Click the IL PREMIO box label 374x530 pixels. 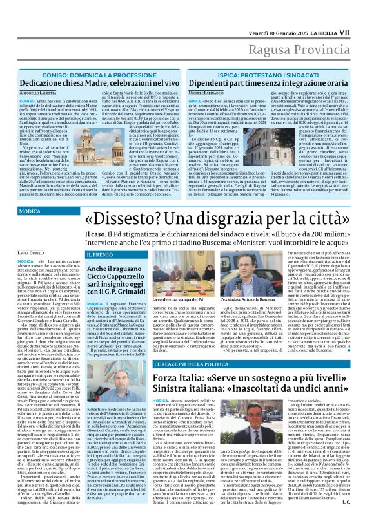100,255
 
